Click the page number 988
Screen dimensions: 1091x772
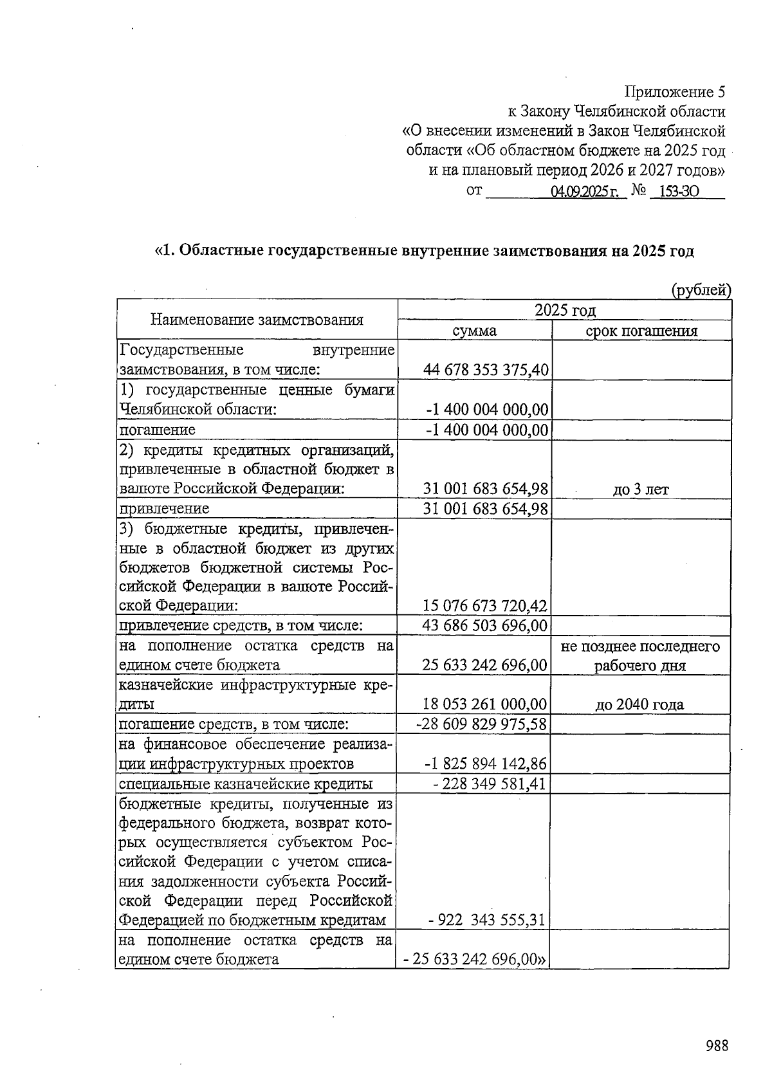[x=716, y=1045]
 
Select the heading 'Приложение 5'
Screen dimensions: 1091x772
[x=675, y=92]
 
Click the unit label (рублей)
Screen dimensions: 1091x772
[x=701, y=290]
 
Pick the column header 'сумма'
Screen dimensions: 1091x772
[x=474, y=331]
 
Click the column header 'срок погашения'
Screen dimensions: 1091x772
[x=641, y=331]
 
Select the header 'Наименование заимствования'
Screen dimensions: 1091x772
[x=257, y=320]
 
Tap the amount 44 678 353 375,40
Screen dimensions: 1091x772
[x=486, y=370]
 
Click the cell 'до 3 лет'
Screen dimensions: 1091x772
[x=640, y=489]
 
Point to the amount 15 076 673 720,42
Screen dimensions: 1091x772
[x=484, y=606]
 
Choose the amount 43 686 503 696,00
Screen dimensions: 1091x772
[x=484, y=625]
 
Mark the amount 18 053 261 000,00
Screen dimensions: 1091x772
[x=484, y=704]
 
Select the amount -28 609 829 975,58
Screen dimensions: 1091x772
[x=482, y=724]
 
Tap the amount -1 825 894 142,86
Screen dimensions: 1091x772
[x=486, y=764]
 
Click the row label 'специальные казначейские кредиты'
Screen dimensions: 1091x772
[x=246, y=784]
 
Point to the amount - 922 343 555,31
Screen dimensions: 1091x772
[x=487, y=920]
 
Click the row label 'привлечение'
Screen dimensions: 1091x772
[x=164, y=509]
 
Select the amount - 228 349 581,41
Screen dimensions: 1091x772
[x=489, y=784]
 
